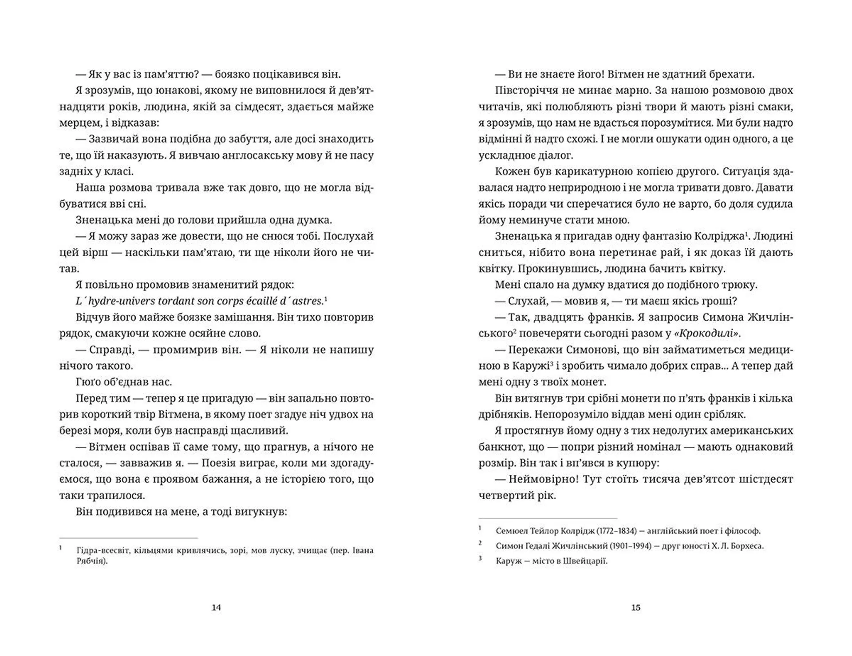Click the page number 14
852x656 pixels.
tap(216, 608)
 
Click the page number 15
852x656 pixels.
tap(636, 608)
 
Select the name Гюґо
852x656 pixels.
tap(89, 382)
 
